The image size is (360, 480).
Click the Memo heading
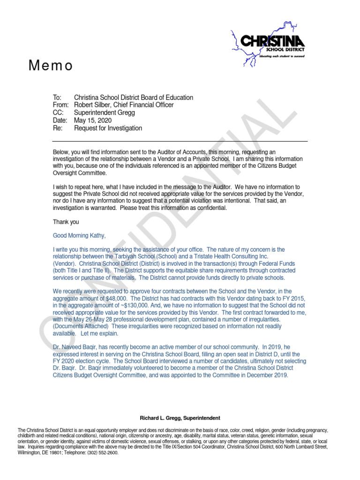51,66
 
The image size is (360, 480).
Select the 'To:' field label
57,97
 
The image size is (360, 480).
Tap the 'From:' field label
61,105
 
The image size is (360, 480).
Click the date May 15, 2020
93,120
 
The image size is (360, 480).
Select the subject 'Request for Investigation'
108,128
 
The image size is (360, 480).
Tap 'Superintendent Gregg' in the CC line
105,113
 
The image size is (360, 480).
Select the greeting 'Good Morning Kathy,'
79,236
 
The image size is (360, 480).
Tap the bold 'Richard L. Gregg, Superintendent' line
180,418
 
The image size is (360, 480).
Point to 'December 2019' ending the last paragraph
267,375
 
